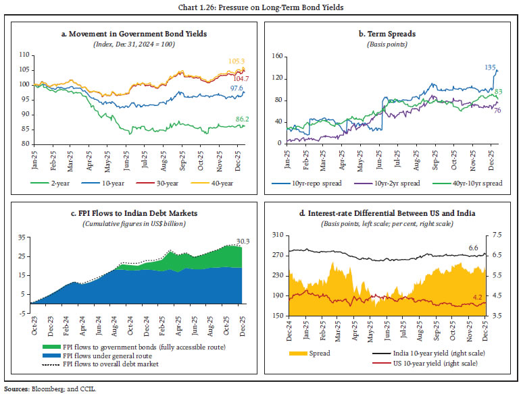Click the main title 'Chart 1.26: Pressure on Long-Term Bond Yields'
click(260, 7)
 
